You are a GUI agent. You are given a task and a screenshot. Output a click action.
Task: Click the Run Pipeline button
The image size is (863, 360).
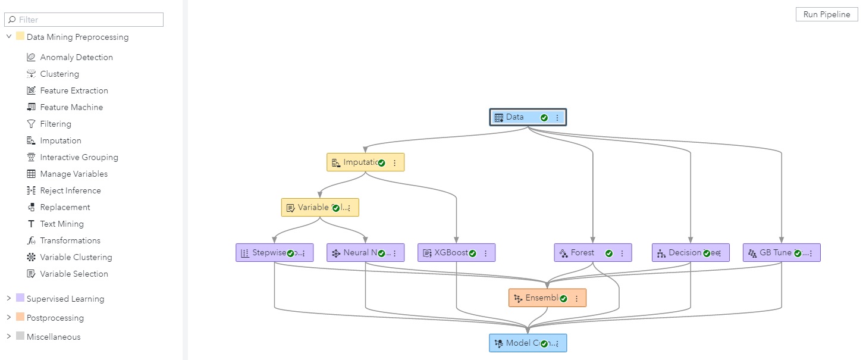tap(826, 14)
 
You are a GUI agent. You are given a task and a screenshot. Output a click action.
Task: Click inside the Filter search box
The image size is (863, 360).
tap(89, 20)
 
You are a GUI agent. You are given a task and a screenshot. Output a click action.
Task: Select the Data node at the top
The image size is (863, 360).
tap(515, 117)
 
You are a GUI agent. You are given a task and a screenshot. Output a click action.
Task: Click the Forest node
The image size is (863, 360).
tap(582, 253)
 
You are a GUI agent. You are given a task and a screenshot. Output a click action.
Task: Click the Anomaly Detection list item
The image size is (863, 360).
tap(76, 57)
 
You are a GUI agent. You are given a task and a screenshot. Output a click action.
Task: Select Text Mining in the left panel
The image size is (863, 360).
tap(62, 224)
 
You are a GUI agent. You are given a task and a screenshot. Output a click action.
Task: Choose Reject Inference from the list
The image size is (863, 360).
tap(70, 190)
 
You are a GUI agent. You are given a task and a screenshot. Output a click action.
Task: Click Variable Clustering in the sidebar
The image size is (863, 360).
tap(76, 257)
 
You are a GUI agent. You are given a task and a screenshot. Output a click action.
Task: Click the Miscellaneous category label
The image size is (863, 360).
tap(54, 337)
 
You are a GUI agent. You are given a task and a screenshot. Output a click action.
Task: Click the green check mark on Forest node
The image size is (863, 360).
tap(608, 253)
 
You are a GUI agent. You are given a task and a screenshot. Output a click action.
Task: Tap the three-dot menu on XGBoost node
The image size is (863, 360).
tap(485, 253)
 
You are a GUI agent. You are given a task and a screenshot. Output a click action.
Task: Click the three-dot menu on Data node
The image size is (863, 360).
tap(557, 118)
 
